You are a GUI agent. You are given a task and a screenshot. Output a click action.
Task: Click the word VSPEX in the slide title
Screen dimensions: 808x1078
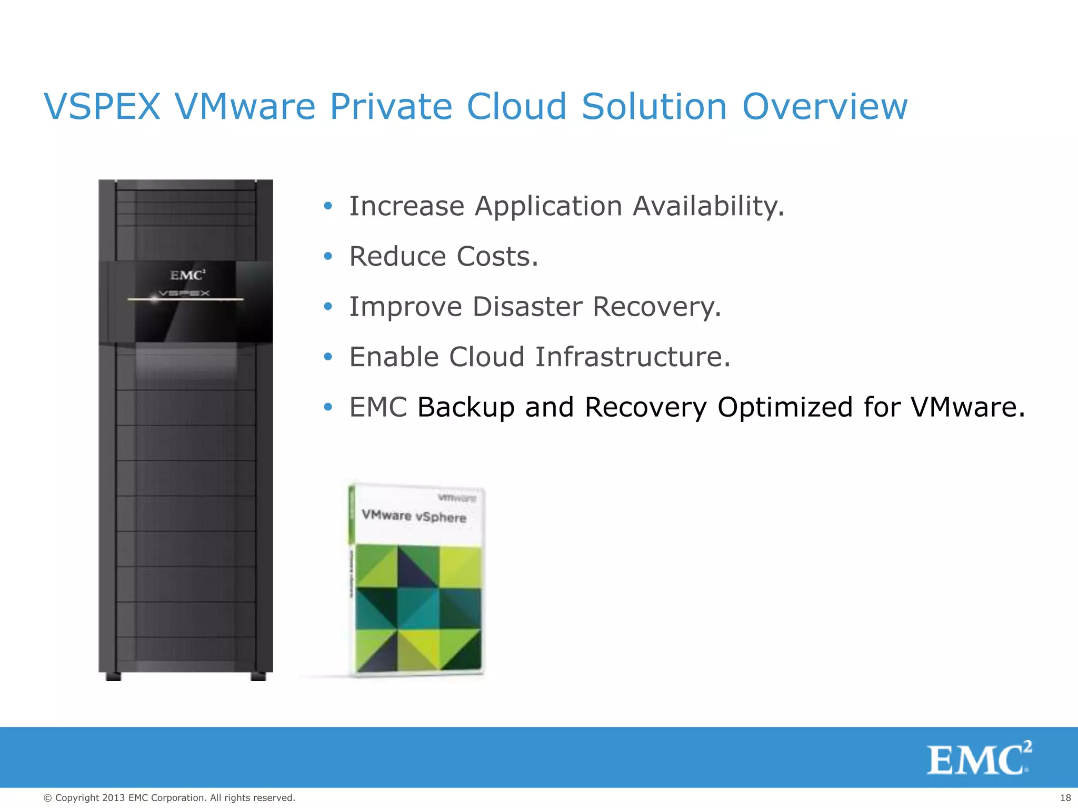pyautogui.click(x=102, y=107)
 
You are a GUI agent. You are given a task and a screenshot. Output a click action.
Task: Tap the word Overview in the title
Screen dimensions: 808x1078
pyautogui.click(x=825, y=107)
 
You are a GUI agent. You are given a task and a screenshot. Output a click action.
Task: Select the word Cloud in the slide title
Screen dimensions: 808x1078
pyautogui.click(x=516, y=107)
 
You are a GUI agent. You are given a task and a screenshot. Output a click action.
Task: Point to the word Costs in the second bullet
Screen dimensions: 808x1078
pyautogui.click(x=497, y=256)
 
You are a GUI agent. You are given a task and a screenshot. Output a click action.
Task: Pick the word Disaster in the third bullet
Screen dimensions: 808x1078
pyautogui.click(x=527, y=307)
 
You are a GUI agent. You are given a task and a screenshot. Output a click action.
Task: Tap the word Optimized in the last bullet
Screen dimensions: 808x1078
pyautogui.click(x=785, y=407)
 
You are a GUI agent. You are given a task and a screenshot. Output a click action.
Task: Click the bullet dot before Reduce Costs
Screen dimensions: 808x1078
pyautogui.click(x=328, y=257)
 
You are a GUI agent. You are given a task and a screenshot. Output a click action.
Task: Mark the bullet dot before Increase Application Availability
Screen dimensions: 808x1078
pyautogui.click(x=328, y=206)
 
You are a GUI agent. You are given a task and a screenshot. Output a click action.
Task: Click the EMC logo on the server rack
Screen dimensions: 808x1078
pyautogui.click(x=187, y=275)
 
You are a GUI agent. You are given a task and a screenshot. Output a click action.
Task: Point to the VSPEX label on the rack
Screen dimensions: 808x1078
pyautogui.click(x=184, y=293)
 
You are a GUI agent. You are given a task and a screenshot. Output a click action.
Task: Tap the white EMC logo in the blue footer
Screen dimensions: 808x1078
pyautogui.click(x=979, y=759)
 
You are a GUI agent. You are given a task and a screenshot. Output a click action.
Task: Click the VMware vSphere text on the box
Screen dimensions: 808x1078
pyautogui.click(x=414, y=516)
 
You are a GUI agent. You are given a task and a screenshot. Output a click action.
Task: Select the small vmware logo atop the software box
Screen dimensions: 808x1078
pyautogui.click(x=457, y=498)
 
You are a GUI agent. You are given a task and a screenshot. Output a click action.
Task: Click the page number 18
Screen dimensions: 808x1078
pyautogui.click(x=1065, y=798)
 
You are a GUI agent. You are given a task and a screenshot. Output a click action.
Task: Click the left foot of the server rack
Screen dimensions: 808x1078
pyautogui.click(x=113, y=676)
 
